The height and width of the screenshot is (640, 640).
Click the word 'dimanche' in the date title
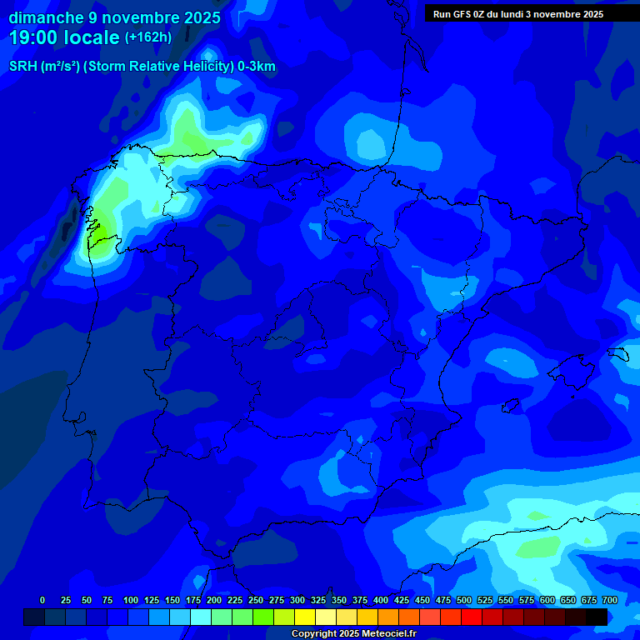tap(45, 17)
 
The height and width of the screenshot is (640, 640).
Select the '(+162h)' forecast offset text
tap(147, 37)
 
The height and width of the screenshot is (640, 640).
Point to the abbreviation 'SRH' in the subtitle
tap(22, 67)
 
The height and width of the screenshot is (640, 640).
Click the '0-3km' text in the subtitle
tap(257, 67)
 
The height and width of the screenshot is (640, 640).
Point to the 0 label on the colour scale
tap(42, 600)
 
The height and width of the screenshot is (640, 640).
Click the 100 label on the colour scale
tap(131, 600)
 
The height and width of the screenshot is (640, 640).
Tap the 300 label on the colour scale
tap(297, 600)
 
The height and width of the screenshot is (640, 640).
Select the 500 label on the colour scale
tap(464, 600)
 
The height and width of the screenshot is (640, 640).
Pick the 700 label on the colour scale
tap(609, 600)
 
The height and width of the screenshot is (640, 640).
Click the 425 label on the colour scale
tap(402, 600)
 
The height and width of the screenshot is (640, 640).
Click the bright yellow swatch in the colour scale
tap(305, 617)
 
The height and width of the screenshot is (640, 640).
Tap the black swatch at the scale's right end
tap(597, 617)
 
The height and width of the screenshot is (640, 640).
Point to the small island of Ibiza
tap(511, 406)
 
